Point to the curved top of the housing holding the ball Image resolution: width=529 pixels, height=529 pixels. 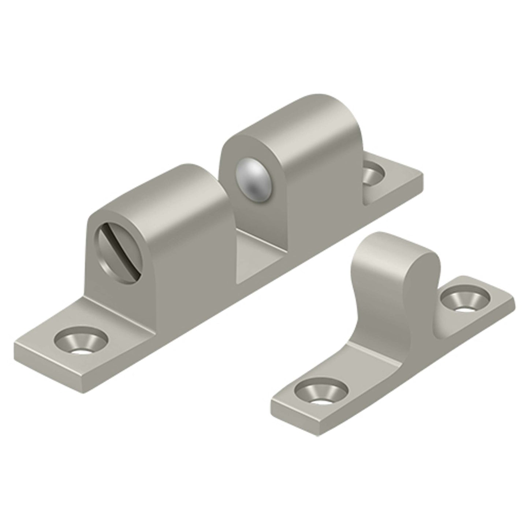(x=289, y=110)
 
